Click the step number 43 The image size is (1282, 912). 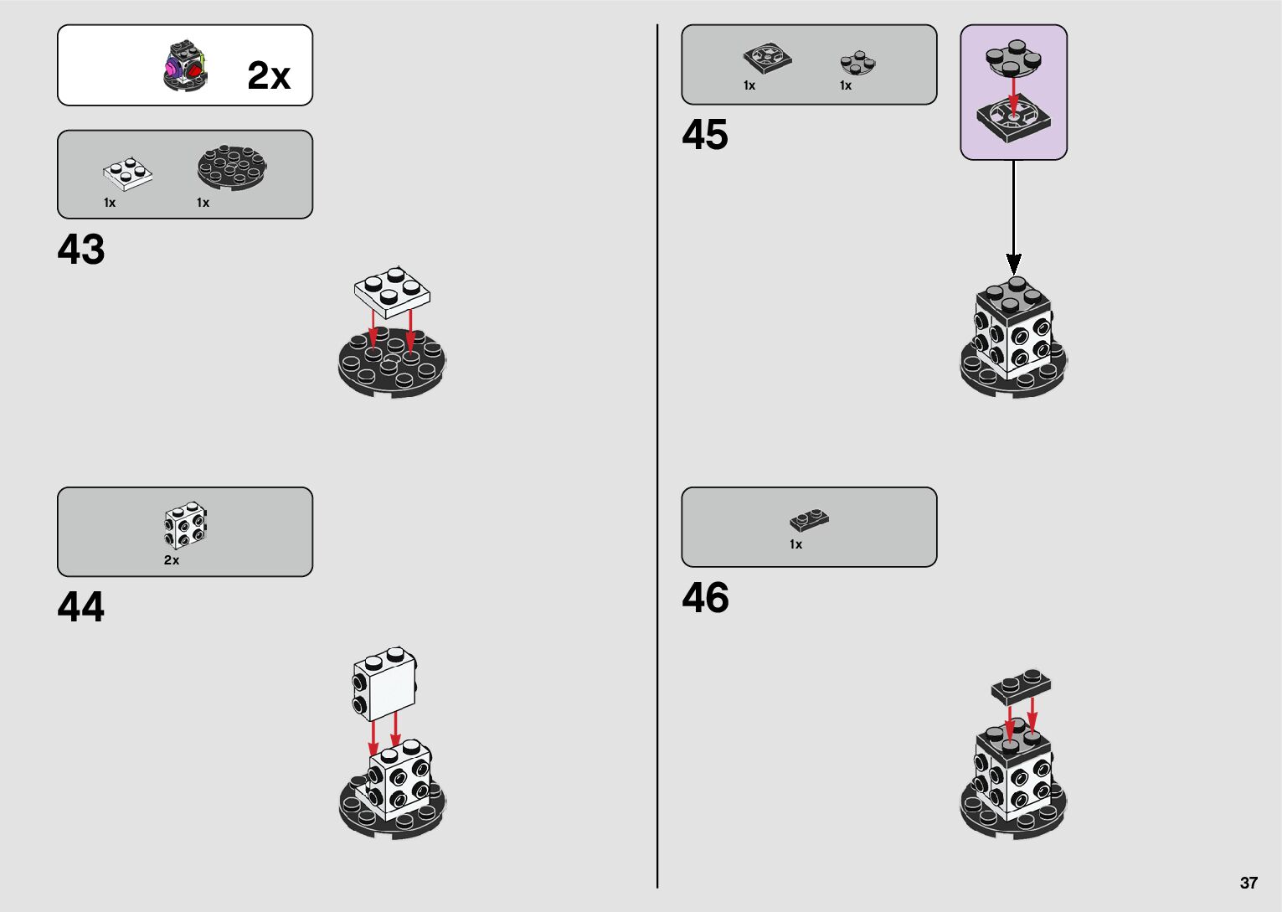point(81,250)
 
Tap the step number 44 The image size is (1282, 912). point(81,607)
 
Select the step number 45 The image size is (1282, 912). point(705,135)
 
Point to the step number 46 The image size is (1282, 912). point(705,598)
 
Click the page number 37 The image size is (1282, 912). point(1249,883)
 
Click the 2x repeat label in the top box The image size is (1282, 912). point(269,75)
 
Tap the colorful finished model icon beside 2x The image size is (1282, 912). point(184,66)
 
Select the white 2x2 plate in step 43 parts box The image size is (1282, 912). point(127,171)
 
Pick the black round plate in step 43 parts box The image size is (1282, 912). point(232,166)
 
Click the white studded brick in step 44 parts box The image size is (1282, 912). point(185,525)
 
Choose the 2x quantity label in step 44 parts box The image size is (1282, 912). point(172,560)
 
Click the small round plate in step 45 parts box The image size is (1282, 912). point(857,62)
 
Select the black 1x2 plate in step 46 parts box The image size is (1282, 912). point(809,521)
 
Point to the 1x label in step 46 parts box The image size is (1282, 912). point(795,544)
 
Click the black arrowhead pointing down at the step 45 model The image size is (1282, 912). point(1014,264)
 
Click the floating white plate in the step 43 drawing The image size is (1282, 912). point(392,291)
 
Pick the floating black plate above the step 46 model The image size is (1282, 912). point(1021,686)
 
